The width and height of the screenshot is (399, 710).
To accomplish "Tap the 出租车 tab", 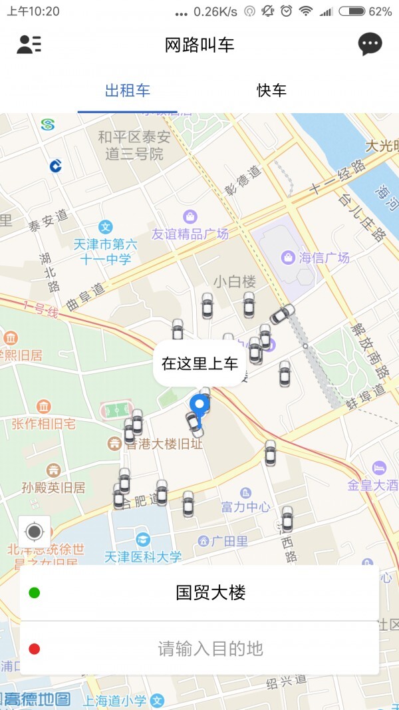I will coord(128,90).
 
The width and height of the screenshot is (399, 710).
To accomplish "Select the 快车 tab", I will coord(271,90).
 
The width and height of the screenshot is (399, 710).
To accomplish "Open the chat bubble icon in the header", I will coord(370,45).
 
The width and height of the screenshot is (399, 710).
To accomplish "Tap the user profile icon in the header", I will coord(29,45).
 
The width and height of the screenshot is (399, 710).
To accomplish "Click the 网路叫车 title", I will coord(199,45).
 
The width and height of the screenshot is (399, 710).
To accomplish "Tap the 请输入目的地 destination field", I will coord(210,648).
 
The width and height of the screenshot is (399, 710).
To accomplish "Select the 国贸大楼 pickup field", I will coord(210,593).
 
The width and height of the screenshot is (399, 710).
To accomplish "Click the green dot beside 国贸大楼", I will coord(35,593).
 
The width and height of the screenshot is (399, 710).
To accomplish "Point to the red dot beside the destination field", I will coord(35,649).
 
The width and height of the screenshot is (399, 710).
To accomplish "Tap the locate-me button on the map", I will coord(35,532).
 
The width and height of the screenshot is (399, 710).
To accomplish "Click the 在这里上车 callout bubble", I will coord(199,363).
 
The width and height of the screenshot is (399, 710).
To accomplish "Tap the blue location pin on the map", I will coord(199,405).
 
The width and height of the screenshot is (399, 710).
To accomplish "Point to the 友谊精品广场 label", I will coord(190,234).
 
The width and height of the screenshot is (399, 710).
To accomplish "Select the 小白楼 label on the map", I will coord(235,281).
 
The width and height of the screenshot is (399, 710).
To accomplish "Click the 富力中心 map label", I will coord(245,507).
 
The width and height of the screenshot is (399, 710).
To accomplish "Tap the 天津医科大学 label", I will coord(143,556).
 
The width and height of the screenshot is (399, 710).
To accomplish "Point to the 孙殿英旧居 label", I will coord(53,487).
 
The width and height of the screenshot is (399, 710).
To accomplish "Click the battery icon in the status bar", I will coord(351,11).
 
